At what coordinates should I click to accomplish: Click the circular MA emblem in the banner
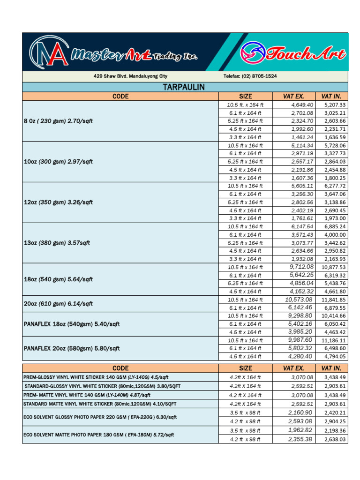(x=47, y=52)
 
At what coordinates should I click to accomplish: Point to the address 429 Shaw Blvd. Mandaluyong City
(x=130, y=76)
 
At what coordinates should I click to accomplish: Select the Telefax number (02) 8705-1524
(x=250, y=76)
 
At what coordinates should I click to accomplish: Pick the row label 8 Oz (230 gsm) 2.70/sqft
(x=58, y=121)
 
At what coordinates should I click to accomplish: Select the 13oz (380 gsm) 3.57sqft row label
(x=57, y=243)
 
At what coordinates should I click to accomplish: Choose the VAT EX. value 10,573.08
(x=299, y=300)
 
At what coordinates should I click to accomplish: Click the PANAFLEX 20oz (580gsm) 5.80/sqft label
(x=72, y=348)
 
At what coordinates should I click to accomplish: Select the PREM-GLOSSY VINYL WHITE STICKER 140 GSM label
(x=96, y=377)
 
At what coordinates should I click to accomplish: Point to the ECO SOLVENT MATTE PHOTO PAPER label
(x=98, y=435)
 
